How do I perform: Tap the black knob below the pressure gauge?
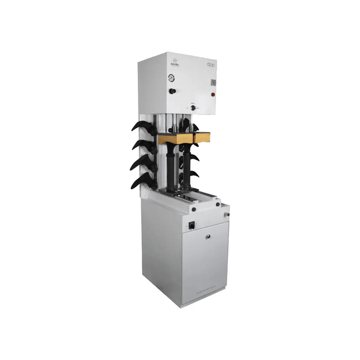pyautogui.click(x=172, y=91)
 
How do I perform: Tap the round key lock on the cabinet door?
pyautogui.click(x=208, y=237)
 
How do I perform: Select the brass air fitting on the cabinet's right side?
pyautogui.click(x=226, y=213)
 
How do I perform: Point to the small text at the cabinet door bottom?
pyautogui.click(x=205, y=291)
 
